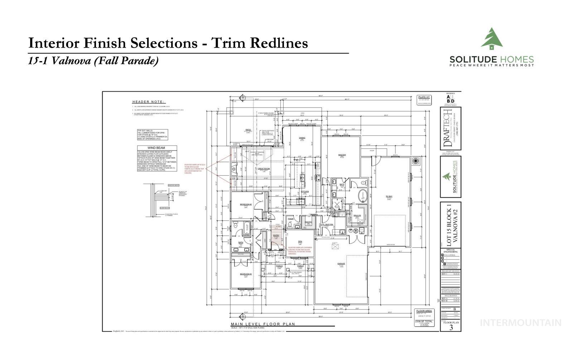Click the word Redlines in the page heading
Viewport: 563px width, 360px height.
[x=277, y=43]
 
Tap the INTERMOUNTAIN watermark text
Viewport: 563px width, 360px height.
[x=520, y=323]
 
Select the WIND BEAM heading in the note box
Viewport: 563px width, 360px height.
[x=156, y=148]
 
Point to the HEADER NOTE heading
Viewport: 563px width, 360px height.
[x=149, y=102]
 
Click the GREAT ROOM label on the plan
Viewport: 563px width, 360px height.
[x=264, y=169]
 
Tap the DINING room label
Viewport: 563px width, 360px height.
[x=302, y=138]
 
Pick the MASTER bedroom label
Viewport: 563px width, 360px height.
[x=342, y=155]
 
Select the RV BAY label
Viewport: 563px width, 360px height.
[x=389, y=196]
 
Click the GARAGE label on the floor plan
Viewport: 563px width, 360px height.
[x=341, y=264]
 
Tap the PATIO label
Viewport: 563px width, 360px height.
[x=248, y=130]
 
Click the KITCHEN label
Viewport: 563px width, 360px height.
[x=305, y=192]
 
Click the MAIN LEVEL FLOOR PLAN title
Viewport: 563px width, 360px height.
[x=263, y=324]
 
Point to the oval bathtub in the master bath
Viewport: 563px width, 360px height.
[x=362, y=196]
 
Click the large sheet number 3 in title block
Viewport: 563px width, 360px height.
[x=451, y=327]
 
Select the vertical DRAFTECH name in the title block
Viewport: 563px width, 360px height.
[x=447, y=128]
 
